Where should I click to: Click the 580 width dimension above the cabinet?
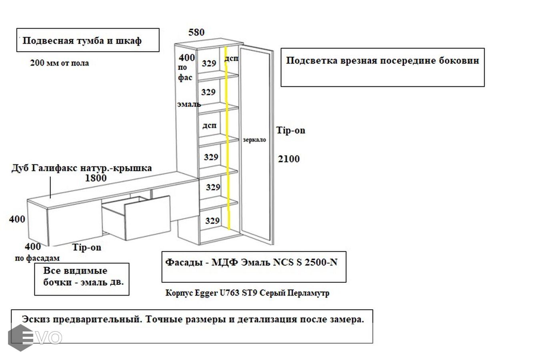click(196, 32)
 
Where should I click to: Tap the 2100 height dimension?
click(289, 159)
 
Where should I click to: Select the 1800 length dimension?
click(96, 178)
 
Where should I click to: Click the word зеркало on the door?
click(254, 140)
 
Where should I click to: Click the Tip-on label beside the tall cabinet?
click(291, 130)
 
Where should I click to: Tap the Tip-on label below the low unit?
click(87, 247)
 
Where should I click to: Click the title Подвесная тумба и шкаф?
click(82, 40)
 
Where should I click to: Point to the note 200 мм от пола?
click(60, 63)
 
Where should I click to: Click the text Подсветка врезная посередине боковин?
click(383, 60)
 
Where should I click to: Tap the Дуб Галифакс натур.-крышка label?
click(82, 168)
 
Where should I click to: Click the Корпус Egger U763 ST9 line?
click(247, 293)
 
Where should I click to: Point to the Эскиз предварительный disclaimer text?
click(193, 319)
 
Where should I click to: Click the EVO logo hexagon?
click(20, 338)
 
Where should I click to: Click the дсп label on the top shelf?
click(232, 58)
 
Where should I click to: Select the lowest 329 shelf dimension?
click(212, 220)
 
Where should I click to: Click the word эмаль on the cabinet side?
click(189, 104)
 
